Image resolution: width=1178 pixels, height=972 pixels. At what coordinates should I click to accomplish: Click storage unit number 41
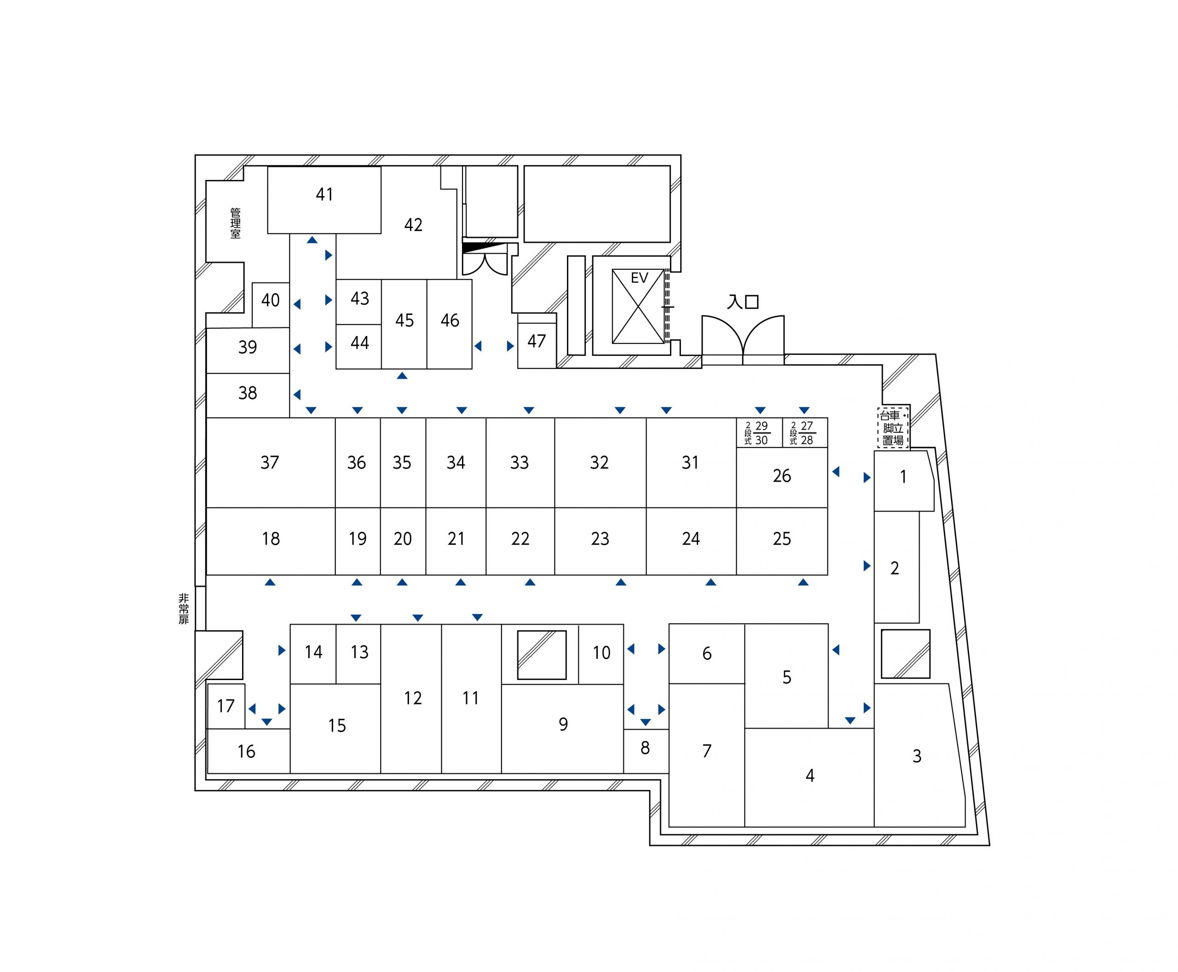324,200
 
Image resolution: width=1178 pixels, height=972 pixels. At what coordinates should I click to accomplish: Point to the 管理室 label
236,223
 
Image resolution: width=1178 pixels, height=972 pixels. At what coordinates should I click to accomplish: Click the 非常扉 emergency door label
184,609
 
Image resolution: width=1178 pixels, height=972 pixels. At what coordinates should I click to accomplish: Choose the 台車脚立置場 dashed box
893,427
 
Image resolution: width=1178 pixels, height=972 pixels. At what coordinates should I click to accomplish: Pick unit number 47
537,341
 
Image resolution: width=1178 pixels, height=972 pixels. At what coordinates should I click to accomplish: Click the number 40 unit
271,305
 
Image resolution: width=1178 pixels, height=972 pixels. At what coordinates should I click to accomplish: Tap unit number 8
646,751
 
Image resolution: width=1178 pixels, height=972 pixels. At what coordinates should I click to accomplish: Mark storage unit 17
226,706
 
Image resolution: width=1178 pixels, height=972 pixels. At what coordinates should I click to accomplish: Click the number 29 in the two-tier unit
761,426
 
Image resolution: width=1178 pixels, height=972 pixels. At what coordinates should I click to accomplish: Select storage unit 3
918,755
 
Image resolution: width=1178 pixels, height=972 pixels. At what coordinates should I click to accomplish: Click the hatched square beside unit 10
542,655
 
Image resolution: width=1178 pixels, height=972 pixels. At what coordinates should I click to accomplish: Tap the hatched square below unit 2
906,654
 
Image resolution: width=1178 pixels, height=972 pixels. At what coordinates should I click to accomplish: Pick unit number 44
359,347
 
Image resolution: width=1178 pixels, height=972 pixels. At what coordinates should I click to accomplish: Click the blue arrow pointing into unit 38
297,395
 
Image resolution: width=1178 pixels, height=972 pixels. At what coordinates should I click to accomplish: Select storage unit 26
782,477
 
